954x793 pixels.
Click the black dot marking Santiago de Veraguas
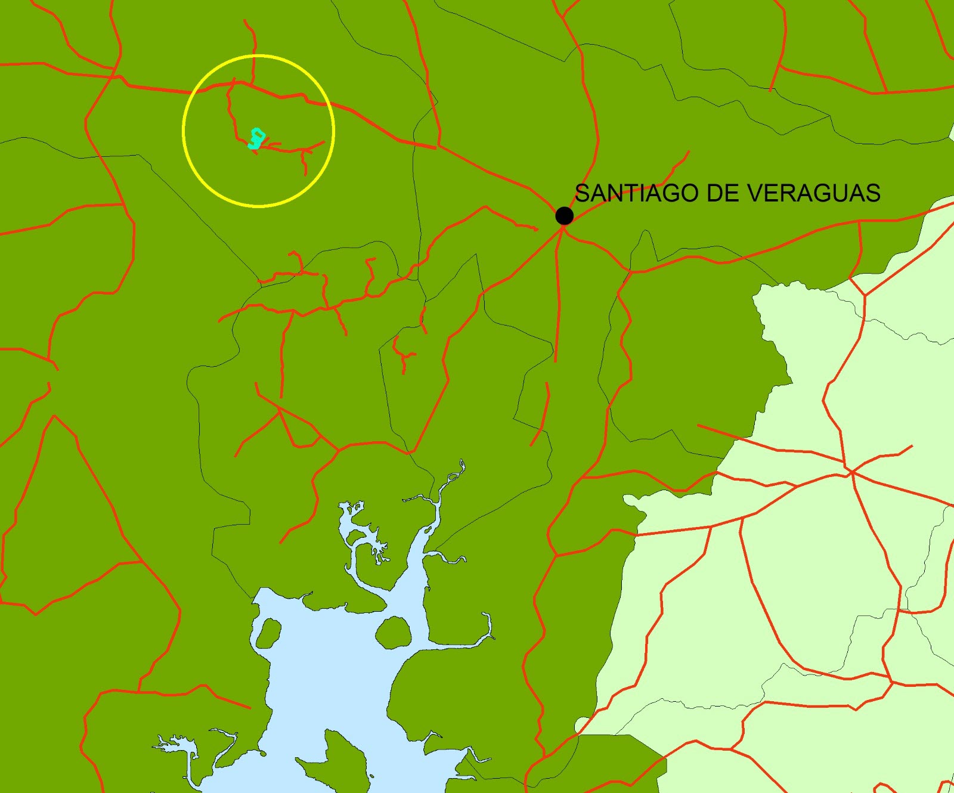click(x=564, y=215)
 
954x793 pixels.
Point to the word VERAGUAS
click(x=814, y=193)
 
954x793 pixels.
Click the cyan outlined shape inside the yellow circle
click(x=256, y=138)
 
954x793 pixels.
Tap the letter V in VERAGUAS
click(x=755, y=193)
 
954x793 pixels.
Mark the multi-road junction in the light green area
click(x=851, y=472)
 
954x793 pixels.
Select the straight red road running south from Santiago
click(x=559, y=298)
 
